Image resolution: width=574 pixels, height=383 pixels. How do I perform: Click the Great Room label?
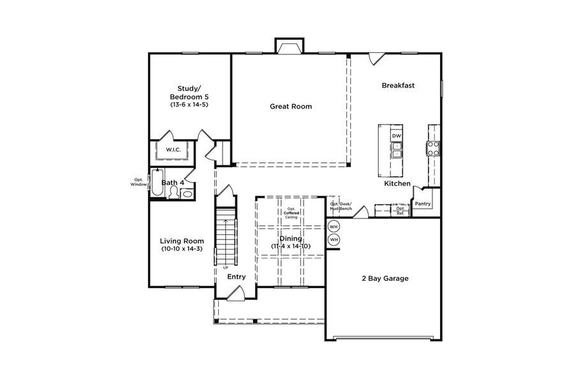coord(291,107)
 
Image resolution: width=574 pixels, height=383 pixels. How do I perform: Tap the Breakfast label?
coord(399,85)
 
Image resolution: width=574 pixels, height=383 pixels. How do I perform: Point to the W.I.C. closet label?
coord(173,150)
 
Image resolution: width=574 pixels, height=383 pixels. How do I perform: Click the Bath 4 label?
coord(172,183)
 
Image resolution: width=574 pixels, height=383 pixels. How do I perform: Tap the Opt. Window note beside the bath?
coord(138,182)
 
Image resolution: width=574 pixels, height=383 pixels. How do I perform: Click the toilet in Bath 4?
coord(173,192)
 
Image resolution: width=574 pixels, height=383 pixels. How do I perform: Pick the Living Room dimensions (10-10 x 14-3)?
coord(181,248)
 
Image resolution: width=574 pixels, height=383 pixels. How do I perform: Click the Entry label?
coord(237,277)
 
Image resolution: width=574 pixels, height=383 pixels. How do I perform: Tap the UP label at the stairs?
coord(226,267)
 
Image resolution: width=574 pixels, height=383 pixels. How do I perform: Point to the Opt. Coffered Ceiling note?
coord(291,213)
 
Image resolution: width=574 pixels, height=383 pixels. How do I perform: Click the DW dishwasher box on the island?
coord(396,136)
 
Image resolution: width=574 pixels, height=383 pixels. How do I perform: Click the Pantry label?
coord(423,204)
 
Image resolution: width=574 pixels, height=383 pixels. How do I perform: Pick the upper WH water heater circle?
coord(334,227)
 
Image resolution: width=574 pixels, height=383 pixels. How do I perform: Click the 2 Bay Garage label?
coord(385,278)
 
